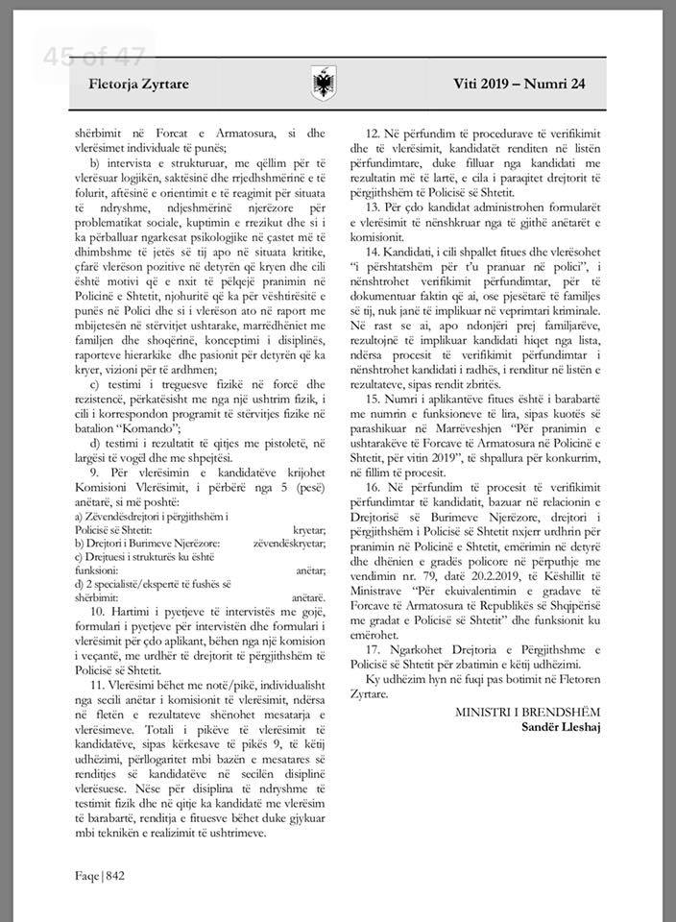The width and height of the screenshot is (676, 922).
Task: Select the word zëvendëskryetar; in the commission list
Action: pyautogui.click(x=286, y=543)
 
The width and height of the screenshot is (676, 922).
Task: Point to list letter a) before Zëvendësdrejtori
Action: pyautogui.click(x=82, y=518)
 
